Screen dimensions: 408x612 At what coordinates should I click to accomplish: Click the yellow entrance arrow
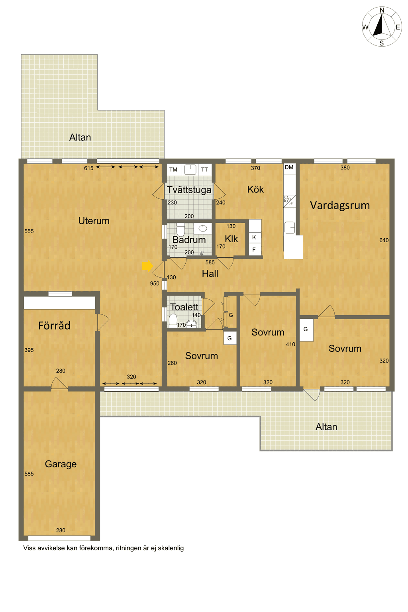coord(147,266)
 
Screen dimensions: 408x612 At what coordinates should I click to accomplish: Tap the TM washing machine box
coord(174,170)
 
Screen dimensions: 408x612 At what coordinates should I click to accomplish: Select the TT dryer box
coord(205,170)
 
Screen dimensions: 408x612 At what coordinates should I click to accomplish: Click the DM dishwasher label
coord(289,167)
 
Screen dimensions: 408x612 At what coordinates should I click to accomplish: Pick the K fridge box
coord(255,237)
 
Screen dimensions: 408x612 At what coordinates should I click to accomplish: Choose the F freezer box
coord(255,249)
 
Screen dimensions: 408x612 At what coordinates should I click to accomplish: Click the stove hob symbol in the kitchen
coord(289,201)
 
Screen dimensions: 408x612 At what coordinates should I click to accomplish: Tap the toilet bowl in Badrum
coord(180,229)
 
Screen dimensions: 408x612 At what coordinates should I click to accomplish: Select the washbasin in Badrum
coord(203,228)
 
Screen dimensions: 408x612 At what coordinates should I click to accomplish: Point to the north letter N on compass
coord(382,10)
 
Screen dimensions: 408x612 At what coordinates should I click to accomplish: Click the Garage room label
coord(61,464)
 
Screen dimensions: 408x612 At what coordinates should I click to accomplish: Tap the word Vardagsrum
coord(340,205)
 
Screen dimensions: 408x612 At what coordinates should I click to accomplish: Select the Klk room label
coord(231,239)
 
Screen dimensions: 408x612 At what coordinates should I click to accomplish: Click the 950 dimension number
coord(155,284)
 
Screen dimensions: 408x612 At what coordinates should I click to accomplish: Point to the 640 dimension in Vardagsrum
coord(384,240)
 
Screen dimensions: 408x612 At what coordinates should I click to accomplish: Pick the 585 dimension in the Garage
coord(29,474)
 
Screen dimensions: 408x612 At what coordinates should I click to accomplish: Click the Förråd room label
coord(54,326)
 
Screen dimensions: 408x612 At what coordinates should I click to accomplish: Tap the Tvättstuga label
coord(189,190)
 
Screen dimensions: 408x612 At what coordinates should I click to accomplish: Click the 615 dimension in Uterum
coord(88,168)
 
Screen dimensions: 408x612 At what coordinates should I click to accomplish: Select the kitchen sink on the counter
coord(290,228)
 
